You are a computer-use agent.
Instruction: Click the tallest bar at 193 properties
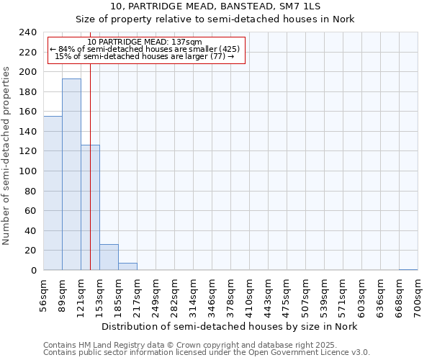pos(71,174)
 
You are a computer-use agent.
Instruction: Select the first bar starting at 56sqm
pos(53,193)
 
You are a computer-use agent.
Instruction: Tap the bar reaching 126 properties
pos(90,207)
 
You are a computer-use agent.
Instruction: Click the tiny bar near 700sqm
pos(408,269)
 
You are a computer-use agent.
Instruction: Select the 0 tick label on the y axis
pos(33,270)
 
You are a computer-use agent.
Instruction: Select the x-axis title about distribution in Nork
pos(229,326)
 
